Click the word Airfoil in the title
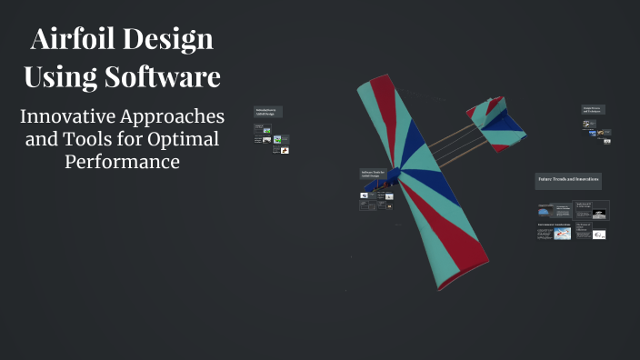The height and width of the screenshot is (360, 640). [x=74, y=41]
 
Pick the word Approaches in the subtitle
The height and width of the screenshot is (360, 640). [x=176, y=118]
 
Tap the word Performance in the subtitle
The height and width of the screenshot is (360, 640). [x=122, y=161]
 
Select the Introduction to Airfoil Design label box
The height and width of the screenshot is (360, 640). [x=268, y=112]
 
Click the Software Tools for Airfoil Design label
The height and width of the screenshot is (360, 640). [x=373, y=174]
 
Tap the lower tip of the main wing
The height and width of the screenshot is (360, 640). [x=455, y=273]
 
